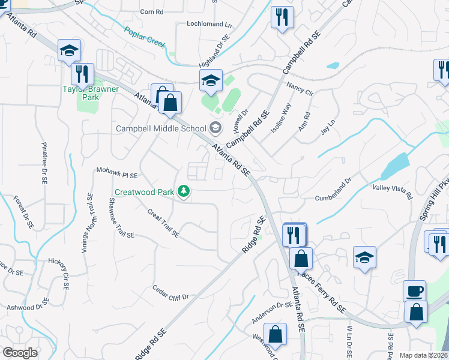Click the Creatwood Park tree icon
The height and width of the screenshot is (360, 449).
coord(184,192)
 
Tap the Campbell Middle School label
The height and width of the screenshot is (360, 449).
coord(161,128)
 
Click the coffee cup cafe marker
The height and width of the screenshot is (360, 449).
coord(414,292)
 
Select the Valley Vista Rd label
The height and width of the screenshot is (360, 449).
coord(393,191)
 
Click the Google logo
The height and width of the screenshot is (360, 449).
coord(20,353)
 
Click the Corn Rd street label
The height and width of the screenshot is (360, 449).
coord(151,12)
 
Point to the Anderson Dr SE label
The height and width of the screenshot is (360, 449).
coord(272,313)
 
